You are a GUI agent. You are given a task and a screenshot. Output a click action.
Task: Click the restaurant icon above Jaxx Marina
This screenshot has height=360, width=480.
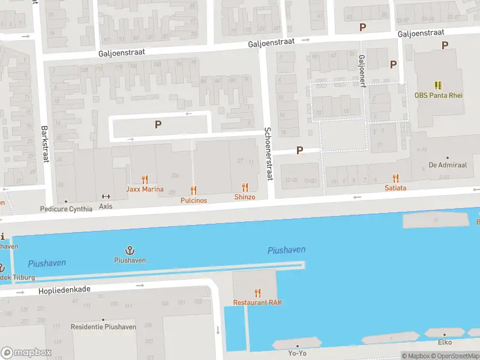click(145, 179)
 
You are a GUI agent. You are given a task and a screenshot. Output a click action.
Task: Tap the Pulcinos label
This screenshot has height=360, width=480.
click(193, 200)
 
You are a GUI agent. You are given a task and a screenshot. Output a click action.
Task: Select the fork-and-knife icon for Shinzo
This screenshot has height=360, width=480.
click(245, 187)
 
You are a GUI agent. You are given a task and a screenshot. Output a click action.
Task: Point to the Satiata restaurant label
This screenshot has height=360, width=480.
click(395, 188)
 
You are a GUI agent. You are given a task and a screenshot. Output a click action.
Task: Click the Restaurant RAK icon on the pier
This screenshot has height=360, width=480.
click(258, 293)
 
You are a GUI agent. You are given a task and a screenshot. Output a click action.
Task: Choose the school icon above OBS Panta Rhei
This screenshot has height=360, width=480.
click(438, 86)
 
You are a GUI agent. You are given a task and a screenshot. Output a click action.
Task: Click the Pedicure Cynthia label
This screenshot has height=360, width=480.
click(66, 209)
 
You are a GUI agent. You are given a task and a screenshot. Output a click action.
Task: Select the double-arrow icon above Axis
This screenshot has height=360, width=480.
click(106, 196)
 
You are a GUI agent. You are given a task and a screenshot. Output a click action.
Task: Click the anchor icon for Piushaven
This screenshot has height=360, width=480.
click(130, 250)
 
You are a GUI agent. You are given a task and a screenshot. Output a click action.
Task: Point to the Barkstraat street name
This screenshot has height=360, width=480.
click(44, 144)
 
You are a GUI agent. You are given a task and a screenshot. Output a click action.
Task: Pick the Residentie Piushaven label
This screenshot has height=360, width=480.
click(103, 327)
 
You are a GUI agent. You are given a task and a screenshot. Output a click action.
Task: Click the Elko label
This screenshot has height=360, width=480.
click(445, 343)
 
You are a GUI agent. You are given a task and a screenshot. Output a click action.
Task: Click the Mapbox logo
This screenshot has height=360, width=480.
click(26, 353)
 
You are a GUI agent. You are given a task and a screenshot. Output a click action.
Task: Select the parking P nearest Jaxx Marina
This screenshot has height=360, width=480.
click(158, 124)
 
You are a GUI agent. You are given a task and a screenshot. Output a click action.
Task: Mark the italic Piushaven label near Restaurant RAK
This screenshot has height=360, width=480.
click(286, 250)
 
